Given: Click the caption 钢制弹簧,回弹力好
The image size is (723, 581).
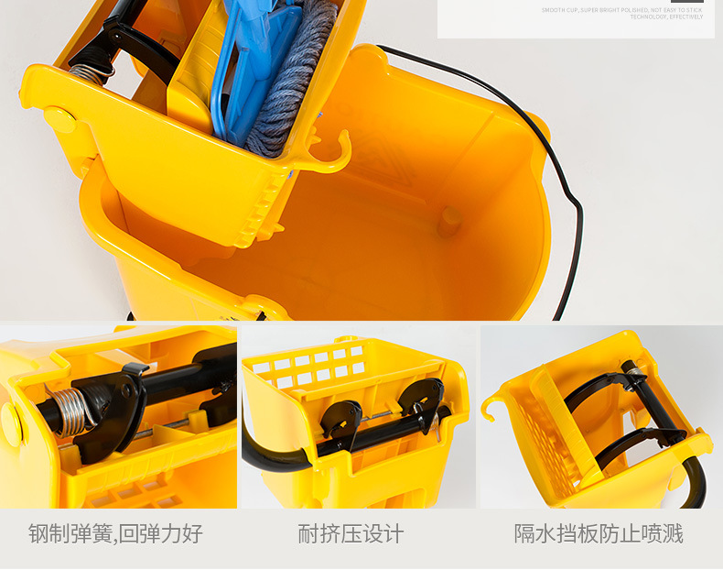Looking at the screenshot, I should tap(115, 533).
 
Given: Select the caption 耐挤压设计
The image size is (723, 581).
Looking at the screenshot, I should tap(351, 533).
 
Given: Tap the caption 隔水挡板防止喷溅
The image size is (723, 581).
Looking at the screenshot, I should tap(599, 533).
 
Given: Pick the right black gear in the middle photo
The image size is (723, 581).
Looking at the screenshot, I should tap(424, 400).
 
